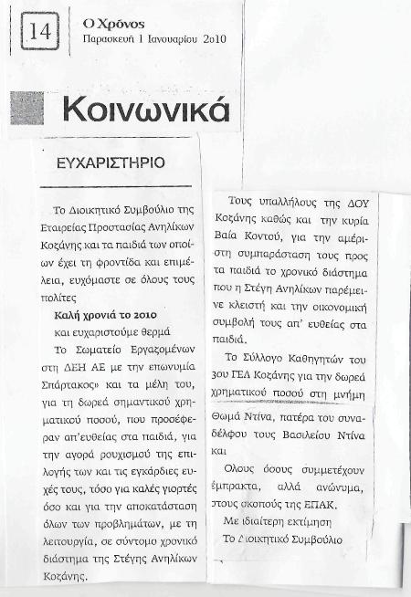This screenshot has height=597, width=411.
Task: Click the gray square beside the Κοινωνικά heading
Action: click(28, 107)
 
